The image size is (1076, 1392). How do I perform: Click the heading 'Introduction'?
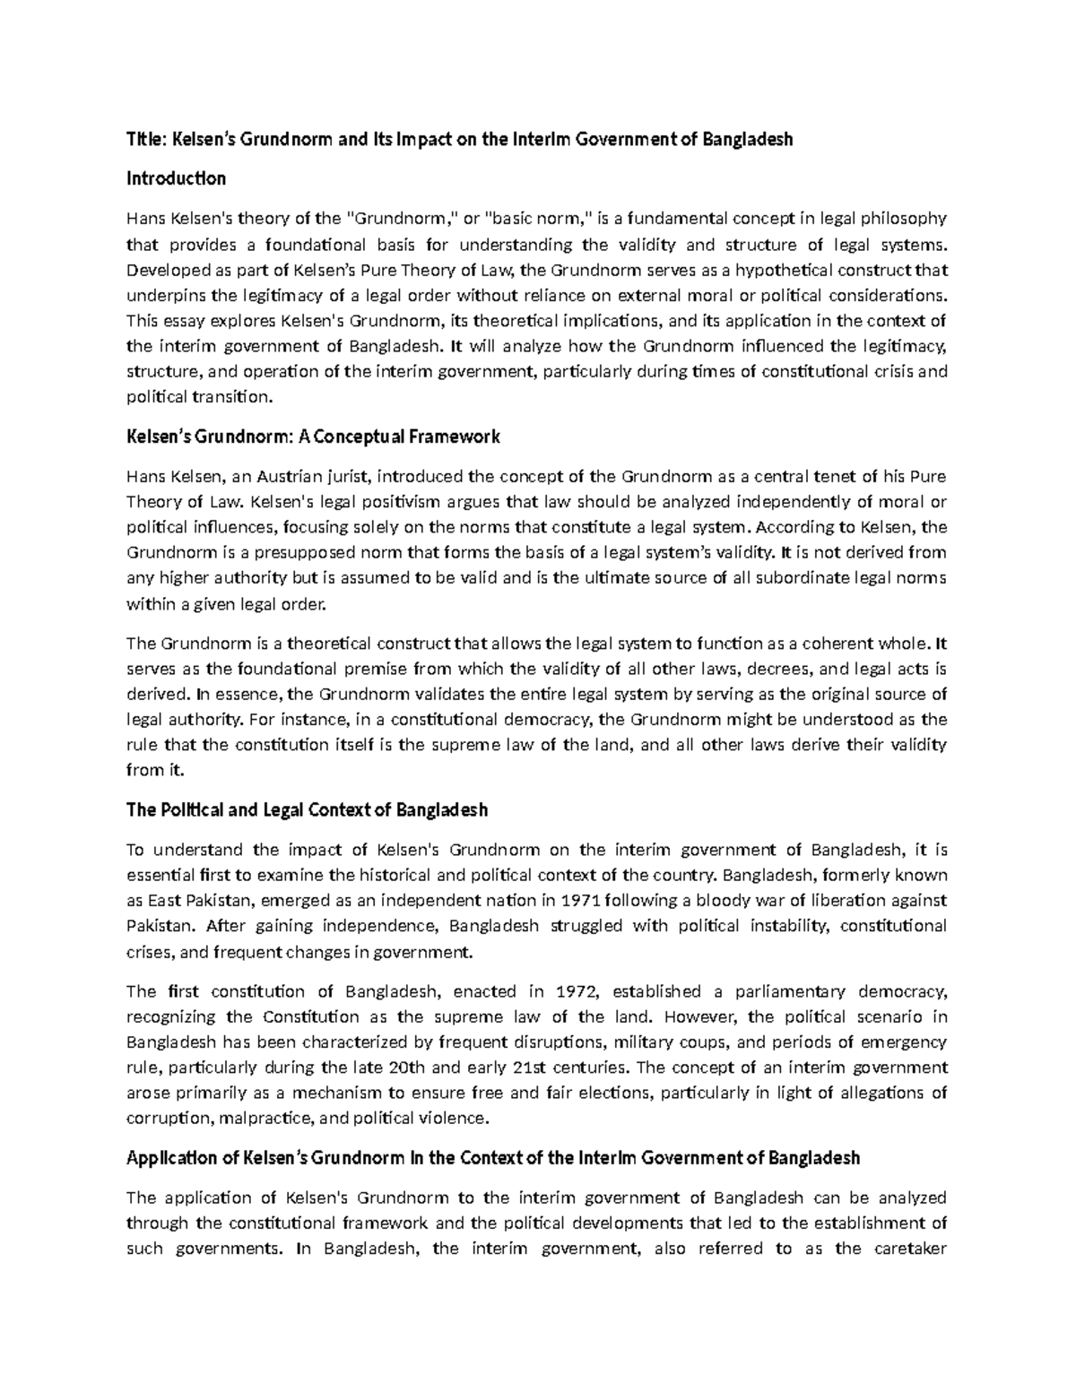[176, 178]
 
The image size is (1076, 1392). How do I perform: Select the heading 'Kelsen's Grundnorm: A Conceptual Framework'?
[312, 437]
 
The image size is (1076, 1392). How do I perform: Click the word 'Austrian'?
[291, 475]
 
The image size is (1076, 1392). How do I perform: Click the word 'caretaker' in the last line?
[911, 1249]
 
